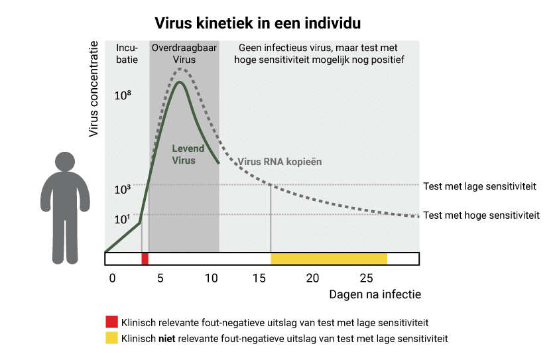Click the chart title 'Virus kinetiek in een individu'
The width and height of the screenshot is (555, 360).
257,23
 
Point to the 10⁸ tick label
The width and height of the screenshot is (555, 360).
123,95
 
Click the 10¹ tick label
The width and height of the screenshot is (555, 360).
123,219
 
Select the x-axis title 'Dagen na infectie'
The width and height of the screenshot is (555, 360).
375,294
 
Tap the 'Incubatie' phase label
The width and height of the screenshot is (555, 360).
127,54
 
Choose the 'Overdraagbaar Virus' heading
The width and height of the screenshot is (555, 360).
184,54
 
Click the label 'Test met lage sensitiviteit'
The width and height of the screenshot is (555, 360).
479,186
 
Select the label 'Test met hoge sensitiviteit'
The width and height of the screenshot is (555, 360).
480,215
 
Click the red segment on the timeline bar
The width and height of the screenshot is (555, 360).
145,259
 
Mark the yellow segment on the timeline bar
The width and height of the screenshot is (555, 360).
328,259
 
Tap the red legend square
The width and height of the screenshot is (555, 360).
111,323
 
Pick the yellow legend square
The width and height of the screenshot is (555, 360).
111,338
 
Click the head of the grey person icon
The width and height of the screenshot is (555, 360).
65,163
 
